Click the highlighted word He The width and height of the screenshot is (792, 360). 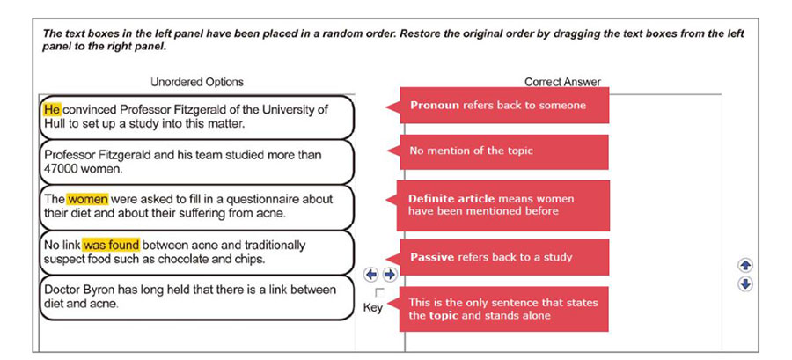pyautogui.click(x=51, y=110)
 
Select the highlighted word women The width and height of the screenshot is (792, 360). pyautogui.click(x=87, y=199)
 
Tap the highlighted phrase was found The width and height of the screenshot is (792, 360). pyautogui.click(x=111, y=245)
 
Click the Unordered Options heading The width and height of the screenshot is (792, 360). pyautogui.click(x=197, y=82)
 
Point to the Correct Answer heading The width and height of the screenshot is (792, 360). pyautogui.click(x=562, y=82)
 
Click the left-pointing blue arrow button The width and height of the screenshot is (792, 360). pyautogui.click(x=371, y=275)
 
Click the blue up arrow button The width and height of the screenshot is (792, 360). pyautogui.click(x=745, y=265)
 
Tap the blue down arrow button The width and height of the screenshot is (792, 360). pyautogui.click(x=745, y=283)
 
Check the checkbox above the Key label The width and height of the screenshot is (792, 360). pyautogui.click(x=379, y=291)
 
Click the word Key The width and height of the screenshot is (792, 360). pyautogui.click(x=373, y=308)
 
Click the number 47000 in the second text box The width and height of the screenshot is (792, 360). pyautogui.click(x=61, y=168)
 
